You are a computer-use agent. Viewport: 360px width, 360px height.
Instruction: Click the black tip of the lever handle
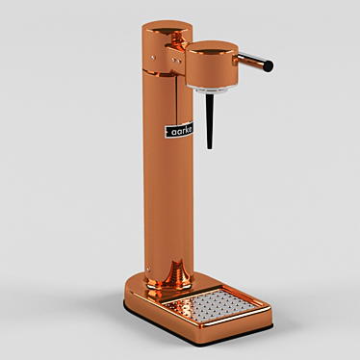coord(269,66)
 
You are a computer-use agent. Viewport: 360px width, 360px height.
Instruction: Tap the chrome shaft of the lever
coord(250,61)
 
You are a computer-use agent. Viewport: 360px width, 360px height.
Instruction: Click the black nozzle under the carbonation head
coord(210,121)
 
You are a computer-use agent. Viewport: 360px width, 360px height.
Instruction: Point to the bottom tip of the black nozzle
coord(210,148)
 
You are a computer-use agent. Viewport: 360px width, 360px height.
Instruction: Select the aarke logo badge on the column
coord(179,130)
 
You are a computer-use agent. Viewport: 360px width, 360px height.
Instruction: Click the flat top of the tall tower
coord(167,26)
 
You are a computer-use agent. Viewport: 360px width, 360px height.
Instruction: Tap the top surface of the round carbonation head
coord(212,47)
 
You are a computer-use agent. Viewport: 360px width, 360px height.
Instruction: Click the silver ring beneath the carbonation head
coord(212,89)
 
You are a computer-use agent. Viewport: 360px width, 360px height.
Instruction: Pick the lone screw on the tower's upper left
coord(153,58)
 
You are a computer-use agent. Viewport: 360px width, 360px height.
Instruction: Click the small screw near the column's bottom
coord(148,270)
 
